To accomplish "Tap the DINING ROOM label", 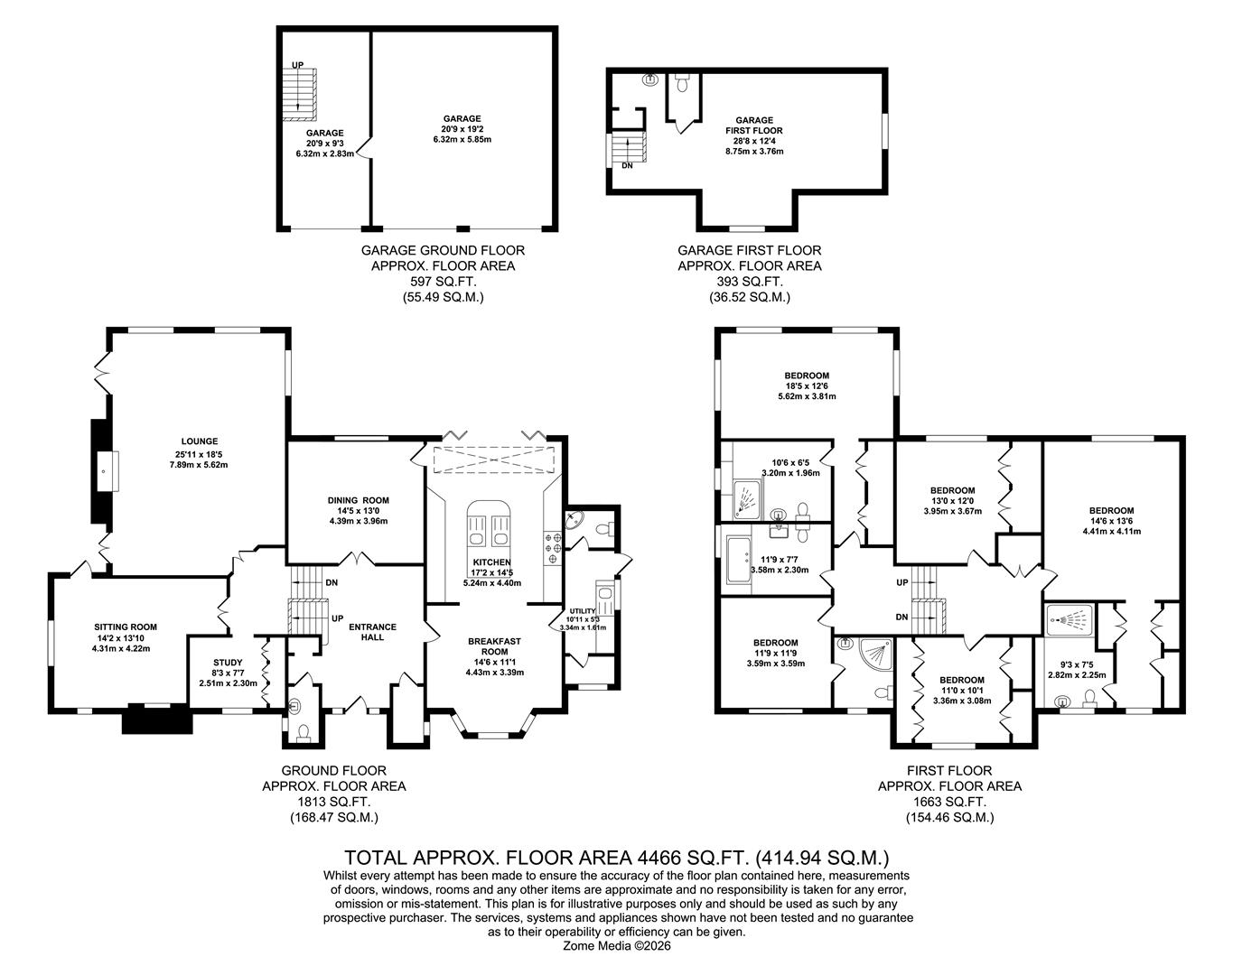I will (x=359, y=500).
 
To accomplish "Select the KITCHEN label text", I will (x=491, y=562).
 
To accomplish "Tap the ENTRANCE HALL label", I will (x=373, y=632).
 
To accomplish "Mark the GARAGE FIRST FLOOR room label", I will (x=754, y=125).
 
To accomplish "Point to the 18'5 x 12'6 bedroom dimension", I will (x=807, y=386).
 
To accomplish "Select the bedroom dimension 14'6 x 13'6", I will (x=1111, y=521).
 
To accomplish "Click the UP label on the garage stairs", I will (x=297, y=65).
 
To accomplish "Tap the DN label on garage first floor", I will (x=627, y=166).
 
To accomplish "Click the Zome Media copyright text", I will (x=617, y=946).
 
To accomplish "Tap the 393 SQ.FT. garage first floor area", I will (x=750, y=282).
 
